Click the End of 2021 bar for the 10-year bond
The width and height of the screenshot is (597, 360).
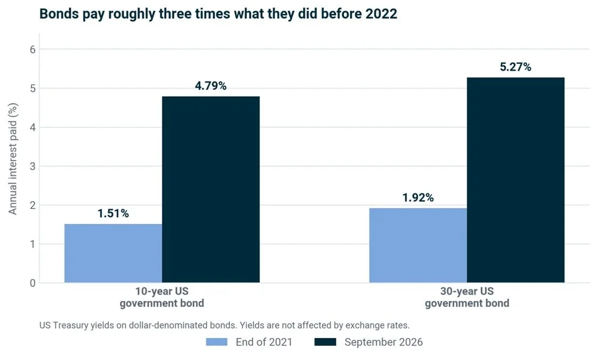(113, 253)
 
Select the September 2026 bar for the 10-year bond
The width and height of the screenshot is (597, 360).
(211, 189)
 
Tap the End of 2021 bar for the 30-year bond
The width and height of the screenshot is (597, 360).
(418, 245)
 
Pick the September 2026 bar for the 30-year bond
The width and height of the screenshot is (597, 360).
(515, 180)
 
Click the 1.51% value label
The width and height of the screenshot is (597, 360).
(113, 213)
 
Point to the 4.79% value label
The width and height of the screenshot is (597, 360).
(211, 86)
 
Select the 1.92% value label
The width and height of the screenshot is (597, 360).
(418, 197)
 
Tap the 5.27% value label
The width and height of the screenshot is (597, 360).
(515, 67)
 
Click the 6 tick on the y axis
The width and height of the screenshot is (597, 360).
(33, 50)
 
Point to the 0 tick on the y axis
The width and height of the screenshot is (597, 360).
(33, 283)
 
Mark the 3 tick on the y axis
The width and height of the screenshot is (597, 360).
(33, 166)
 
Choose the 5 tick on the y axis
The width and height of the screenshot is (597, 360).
(33, 89)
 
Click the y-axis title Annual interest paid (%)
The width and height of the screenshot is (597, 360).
(13, 159)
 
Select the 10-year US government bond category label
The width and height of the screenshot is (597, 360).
(162, 297)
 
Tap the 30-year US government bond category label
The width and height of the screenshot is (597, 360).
(467, 297)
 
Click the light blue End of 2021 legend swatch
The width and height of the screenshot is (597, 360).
(216, 342)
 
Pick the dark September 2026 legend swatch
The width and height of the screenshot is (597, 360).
(326, 342)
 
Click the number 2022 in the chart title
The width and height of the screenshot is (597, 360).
(381, 14)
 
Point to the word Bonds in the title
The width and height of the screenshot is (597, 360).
(59, 14)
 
